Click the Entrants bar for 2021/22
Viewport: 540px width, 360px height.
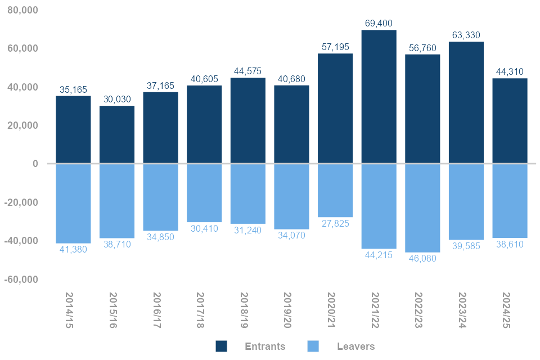379,97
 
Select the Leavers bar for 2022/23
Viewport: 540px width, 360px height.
422,208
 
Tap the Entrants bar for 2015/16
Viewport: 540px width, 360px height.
117,134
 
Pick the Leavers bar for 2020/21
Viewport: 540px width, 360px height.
335,190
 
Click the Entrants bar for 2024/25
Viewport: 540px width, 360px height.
510,121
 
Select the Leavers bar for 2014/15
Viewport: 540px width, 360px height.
73,203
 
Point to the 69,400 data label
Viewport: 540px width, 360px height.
379,24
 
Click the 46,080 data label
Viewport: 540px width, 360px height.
422,258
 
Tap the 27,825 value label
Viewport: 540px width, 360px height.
335,223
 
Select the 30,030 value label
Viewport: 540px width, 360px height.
117,100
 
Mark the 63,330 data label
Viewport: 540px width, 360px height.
466,35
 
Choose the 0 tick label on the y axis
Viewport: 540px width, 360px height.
35,164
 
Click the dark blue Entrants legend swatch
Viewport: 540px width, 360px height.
222,346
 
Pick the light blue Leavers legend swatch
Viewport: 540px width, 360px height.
313,346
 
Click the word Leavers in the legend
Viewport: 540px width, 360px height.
355,346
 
